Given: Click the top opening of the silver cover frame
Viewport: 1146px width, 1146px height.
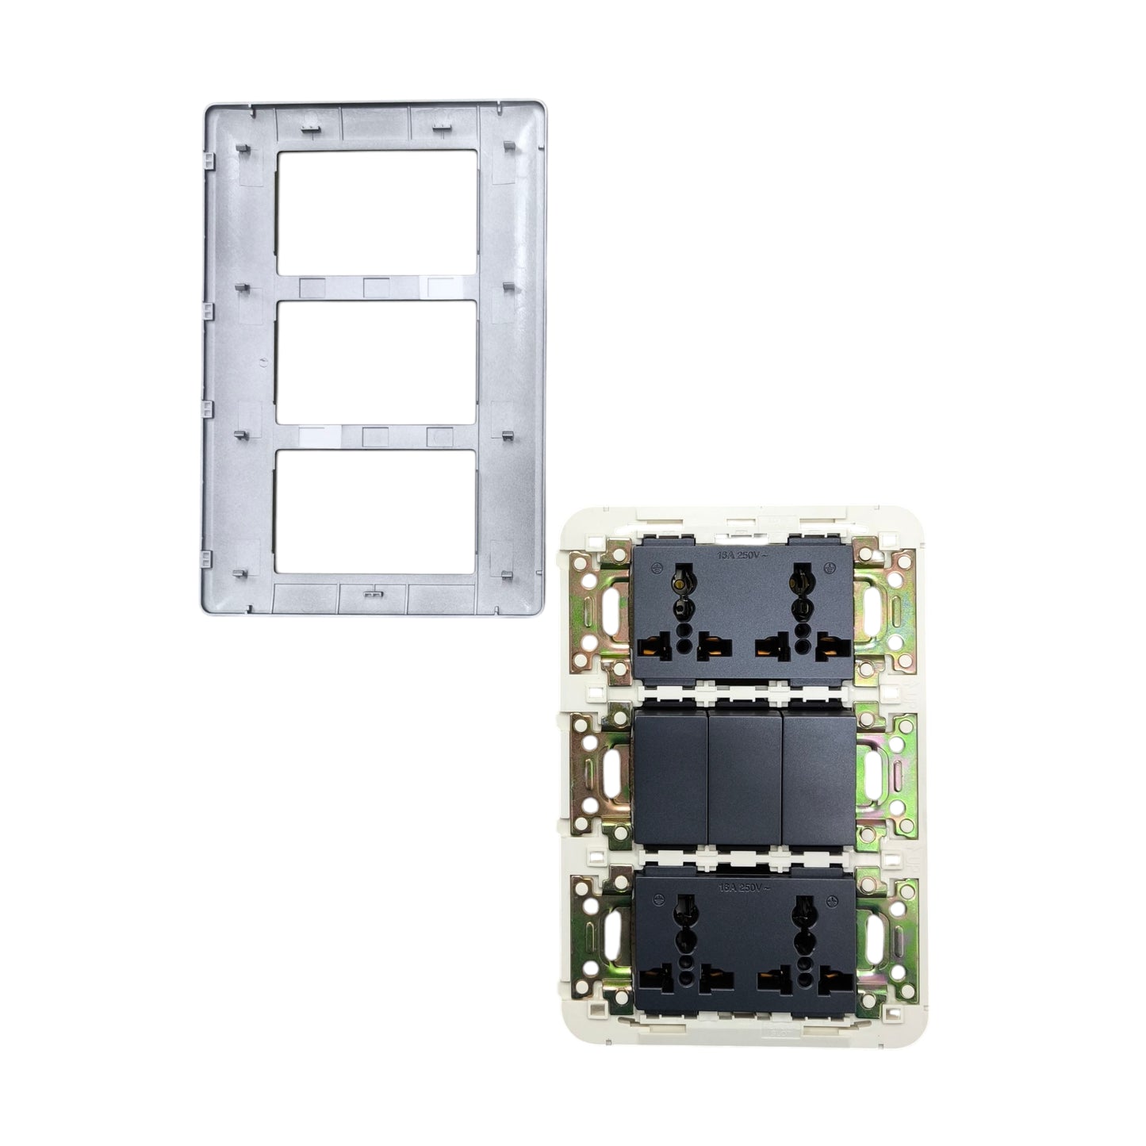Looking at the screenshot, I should pos(377,212).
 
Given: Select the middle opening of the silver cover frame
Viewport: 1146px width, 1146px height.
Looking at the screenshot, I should pos(377,362).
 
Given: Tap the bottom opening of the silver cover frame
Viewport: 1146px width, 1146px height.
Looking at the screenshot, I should pos(377,512).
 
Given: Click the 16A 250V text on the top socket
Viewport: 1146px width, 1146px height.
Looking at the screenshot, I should pos(743,557).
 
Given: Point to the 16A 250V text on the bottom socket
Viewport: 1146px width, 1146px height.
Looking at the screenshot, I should pos(743,887).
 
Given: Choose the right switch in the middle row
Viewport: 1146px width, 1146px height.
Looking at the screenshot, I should pos(818,776).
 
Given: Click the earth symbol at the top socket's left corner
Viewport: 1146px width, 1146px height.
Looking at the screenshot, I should pos(656,568).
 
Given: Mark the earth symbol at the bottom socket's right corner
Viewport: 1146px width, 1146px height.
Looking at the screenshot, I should pos(832,901).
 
